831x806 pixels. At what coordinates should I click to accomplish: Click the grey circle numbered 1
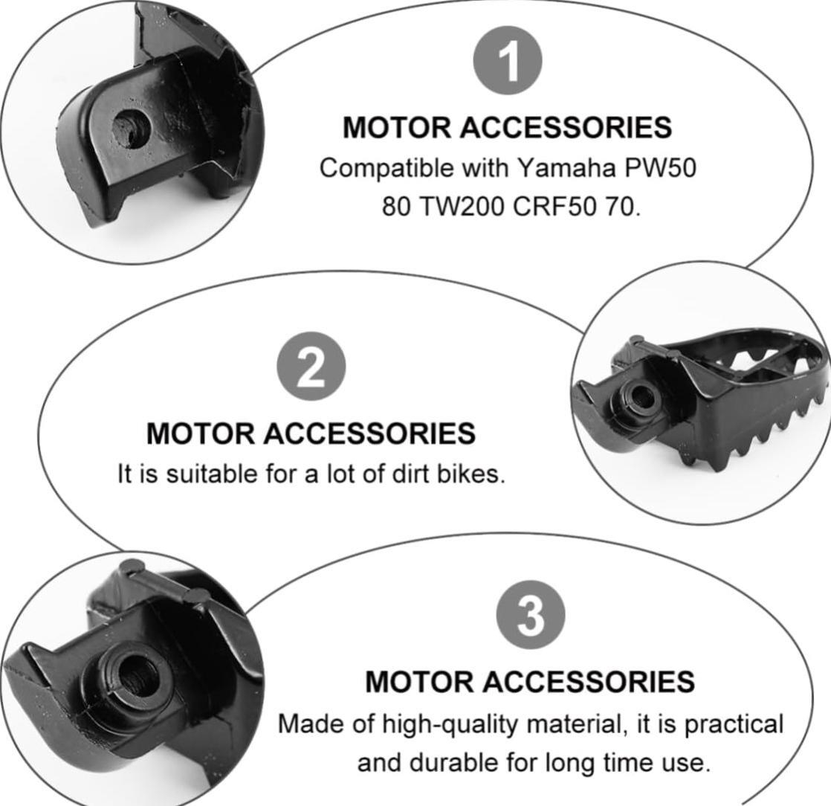click(507, 60)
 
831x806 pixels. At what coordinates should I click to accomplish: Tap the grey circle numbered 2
click(311, 366)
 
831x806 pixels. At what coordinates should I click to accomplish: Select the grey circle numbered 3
click(531, 615)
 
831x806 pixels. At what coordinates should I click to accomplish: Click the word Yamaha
click(566, 168)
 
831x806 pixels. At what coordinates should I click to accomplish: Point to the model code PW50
click(660, 168)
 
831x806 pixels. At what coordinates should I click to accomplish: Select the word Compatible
click(387, 168)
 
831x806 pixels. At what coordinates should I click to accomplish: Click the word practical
click(734, 724)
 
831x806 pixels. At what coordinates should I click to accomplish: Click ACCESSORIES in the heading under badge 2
click(369, 433)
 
